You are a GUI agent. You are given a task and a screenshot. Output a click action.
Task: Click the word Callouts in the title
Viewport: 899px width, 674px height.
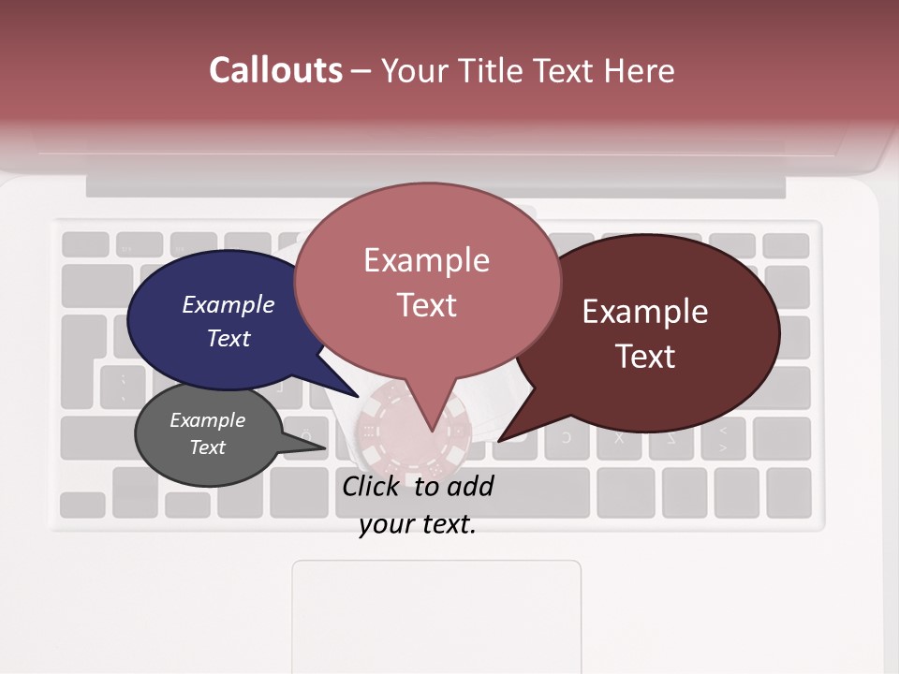pyautogui.click(x=275, y=70)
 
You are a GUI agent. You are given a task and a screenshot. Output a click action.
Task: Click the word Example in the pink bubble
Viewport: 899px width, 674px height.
pyautogui.click(x=427, y=260)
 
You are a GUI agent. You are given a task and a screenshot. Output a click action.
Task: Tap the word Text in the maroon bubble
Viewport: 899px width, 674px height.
pyautogui.click(x=646, y=357)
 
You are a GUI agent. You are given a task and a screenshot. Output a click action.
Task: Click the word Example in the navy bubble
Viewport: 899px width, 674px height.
pyautogui.click(x=228, y=305)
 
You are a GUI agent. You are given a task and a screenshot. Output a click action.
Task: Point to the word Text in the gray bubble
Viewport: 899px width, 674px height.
pyautogui.click(x=208, y=447)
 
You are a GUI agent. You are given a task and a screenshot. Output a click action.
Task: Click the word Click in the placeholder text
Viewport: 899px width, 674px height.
pyautogui.click(x=372, y=486)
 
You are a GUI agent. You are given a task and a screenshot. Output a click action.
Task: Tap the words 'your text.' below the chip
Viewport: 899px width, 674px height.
pyautogui.click(x=418, y=524)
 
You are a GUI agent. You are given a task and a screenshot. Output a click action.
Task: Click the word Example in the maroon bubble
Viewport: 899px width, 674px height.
pyautogui.click(x=645, y=312)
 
